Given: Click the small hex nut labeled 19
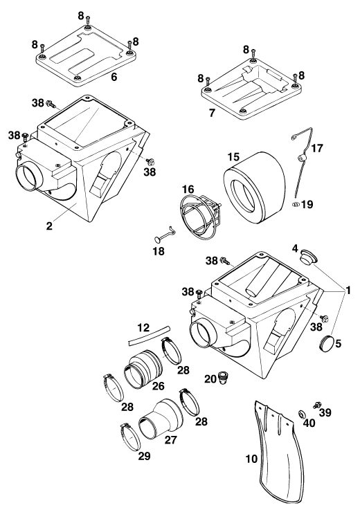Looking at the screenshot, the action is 296,205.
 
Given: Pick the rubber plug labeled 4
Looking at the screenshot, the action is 308,257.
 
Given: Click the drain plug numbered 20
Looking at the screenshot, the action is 224,378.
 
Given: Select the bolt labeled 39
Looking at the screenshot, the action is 316,405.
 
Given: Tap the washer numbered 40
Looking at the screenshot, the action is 301,414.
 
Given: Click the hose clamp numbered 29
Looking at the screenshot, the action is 130,437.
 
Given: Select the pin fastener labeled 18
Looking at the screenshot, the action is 165,235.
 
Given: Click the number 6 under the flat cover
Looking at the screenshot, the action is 114,77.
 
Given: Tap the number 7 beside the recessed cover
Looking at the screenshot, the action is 212,113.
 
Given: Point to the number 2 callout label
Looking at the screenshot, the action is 49,226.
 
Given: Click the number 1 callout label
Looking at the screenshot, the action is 348,290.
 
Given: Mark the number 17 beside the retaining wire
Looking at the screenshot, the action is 316,149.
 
